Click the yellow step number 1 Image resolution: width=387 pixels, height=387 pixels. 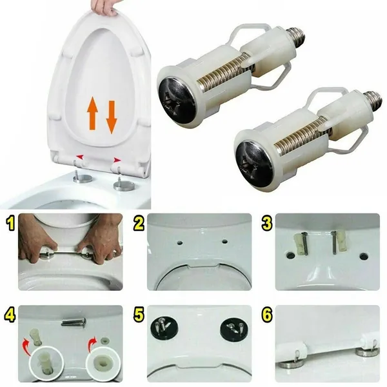[x=10, y=223]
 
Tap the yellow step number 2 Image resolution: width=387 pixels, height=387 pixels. [x=139, y=223]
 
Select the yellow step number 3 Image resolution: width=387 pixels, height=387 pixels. [x=267, y=223]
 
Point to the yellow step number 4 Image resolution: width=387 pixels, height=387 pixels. [x=10, y=315]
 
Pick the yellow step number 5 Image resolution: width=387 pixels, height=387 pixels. [x=139, y=315]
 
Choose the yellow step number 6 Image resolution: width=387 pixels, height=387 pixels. [x=267, y=315]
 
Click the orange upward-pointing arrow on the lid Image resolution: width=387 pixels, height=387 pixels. [x=92, y=114]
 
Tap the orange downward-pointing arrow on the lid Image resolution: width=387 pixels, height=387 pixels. [x=112, y=117]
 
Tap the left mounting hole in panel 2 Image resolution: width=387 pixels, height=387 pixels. [x=180, y=243]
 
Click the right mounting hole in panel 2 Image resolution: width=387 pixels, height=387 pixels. [x=224, y=241]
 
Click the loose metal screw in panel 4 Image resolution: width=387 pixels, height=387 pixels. [x=74, y=322]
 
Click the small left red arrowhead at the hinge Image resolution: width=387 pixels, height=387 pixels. [x=80, y=157]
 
